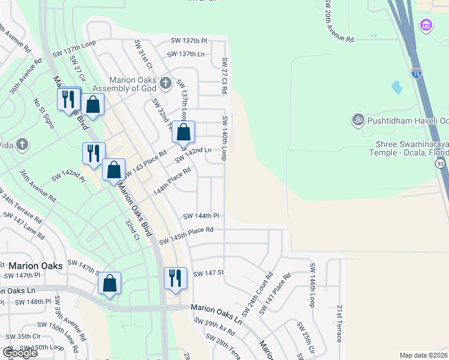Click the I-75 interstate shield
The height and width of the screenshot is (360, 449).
pos(417,74)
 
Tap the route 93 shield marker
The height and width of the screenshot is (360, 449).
pos(441,163)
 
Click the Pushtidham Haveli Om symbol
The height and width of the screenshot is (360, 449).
pos(358,119)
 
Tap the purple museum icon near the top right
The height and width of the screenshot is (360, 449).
pos(426,25)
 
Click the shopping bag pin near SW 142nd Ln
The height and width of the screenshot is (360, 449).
pos(184,132)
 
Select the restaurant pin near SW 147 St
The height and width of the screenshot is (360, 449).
pos(175,278)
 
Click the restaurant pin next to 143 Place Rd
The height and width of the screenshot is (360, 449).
pos(94,153)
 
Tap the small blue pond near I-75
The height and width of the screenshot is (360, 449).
pos(396,88)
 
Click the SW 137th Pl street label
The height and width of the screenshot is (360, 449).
pos(188,41)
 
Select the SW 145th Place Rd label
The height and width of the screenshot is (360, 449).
pos(186,235)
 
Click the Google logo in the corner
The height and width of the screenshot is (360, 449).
pos(20,353)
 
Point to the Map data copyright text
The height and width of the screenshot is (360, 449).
pos(424,355)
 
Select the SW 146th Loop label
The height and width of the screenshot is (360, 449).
pos(312,285)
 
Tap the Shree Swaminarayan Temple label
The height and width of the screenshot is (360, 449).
pos(412,148)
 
